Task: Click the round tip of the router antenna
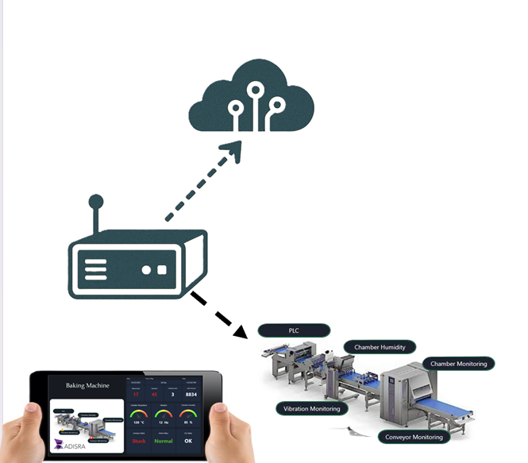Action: coord(96,199)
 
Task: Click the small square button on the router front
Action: coord(162,269)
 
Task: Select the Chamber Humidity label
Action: coord(380,347)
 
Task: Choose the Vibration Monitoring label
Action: coord(311,409)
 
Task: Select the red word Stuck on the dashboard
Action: coord(139,441)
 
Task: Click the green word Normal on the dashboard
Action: coord(164,441)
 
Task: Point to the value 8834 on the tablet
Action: coord(191,394)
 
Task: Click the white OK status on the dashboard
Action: coord(188,441)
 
